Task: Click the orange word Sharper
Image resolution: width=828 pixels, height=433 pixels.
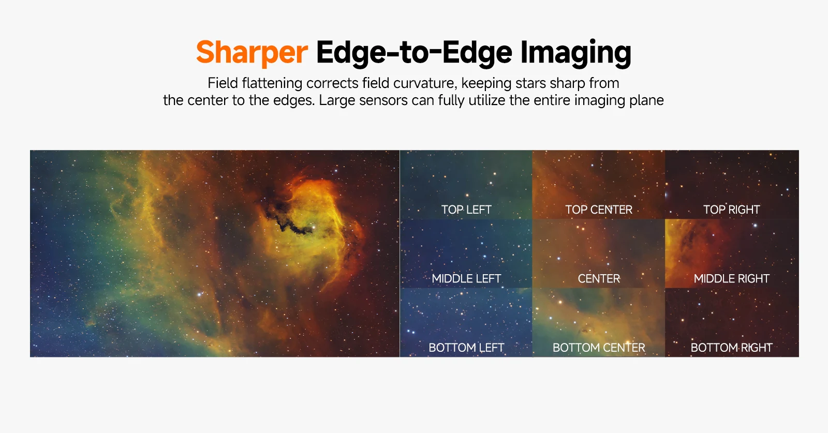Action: coord(252,52)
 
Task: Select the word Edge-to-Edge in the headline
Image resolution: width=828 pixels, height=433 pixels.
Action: coord(414,52)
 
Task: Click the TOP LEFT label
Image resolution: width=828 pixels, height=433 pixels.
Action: coord(466,210)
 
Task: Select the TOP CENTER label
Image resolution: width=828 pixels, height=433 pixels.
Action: coord(599,210)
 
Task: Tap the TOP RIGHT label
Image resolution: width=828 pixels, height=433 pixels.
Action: coord(732,210)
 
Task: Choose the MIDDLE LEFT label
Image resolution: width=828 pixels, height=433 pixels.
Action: coord(466,278)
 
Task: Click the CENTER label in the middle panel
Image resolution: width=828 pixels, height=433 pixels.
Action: coord(599,278)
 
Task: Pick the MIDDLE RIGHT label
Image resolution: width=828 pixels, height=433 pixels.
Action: coord(732,278)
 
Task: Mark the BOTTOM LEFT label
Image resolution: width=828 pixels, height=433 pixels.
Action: coord(466,348)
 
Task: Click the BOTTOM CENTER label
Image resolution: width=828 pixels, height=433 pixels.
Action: coord(599,348)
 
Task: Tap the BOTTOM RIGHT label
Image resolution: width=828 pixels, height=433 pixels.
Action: coord(732,348)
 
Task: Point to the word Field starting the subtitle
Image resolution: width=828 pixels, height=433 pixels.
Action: coord(223,83)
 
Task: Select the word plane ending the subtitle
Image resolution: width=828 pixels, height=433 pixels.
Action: coord(646,101)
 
